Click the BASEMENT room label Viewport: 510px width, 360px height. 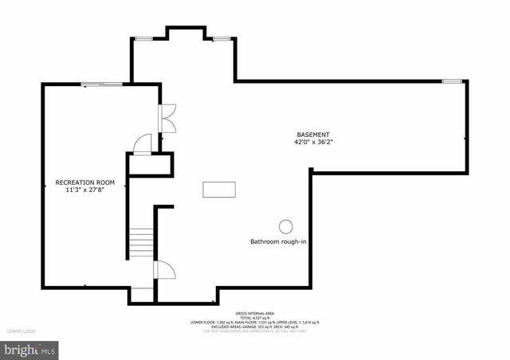(313, 135)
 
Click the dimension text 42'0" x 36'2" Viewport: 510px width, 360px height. (313, 143)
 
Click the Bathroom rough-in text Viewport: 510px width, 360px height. (278, 241)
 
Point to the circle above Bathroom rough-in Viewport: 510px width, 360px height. (285, 225)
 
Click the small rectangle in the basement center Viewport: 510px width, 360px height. (219, 190)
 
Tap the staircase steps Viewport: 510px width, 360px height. (141, 242)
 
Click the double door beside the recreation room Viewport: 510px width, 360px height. (169, 118)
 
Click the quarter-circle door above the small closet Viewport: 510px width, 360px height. (143, 143)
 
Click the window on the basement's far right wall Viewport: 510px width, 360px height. (452, 80)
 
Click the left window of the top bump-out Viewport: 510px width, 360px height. (144, 38)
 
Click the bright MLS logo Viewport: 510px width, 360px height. (30, 350)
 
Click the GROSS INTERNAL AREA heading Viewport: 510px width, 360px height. (255, 313)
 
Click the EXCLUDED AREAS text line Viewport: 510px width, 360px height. (255, 327)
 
